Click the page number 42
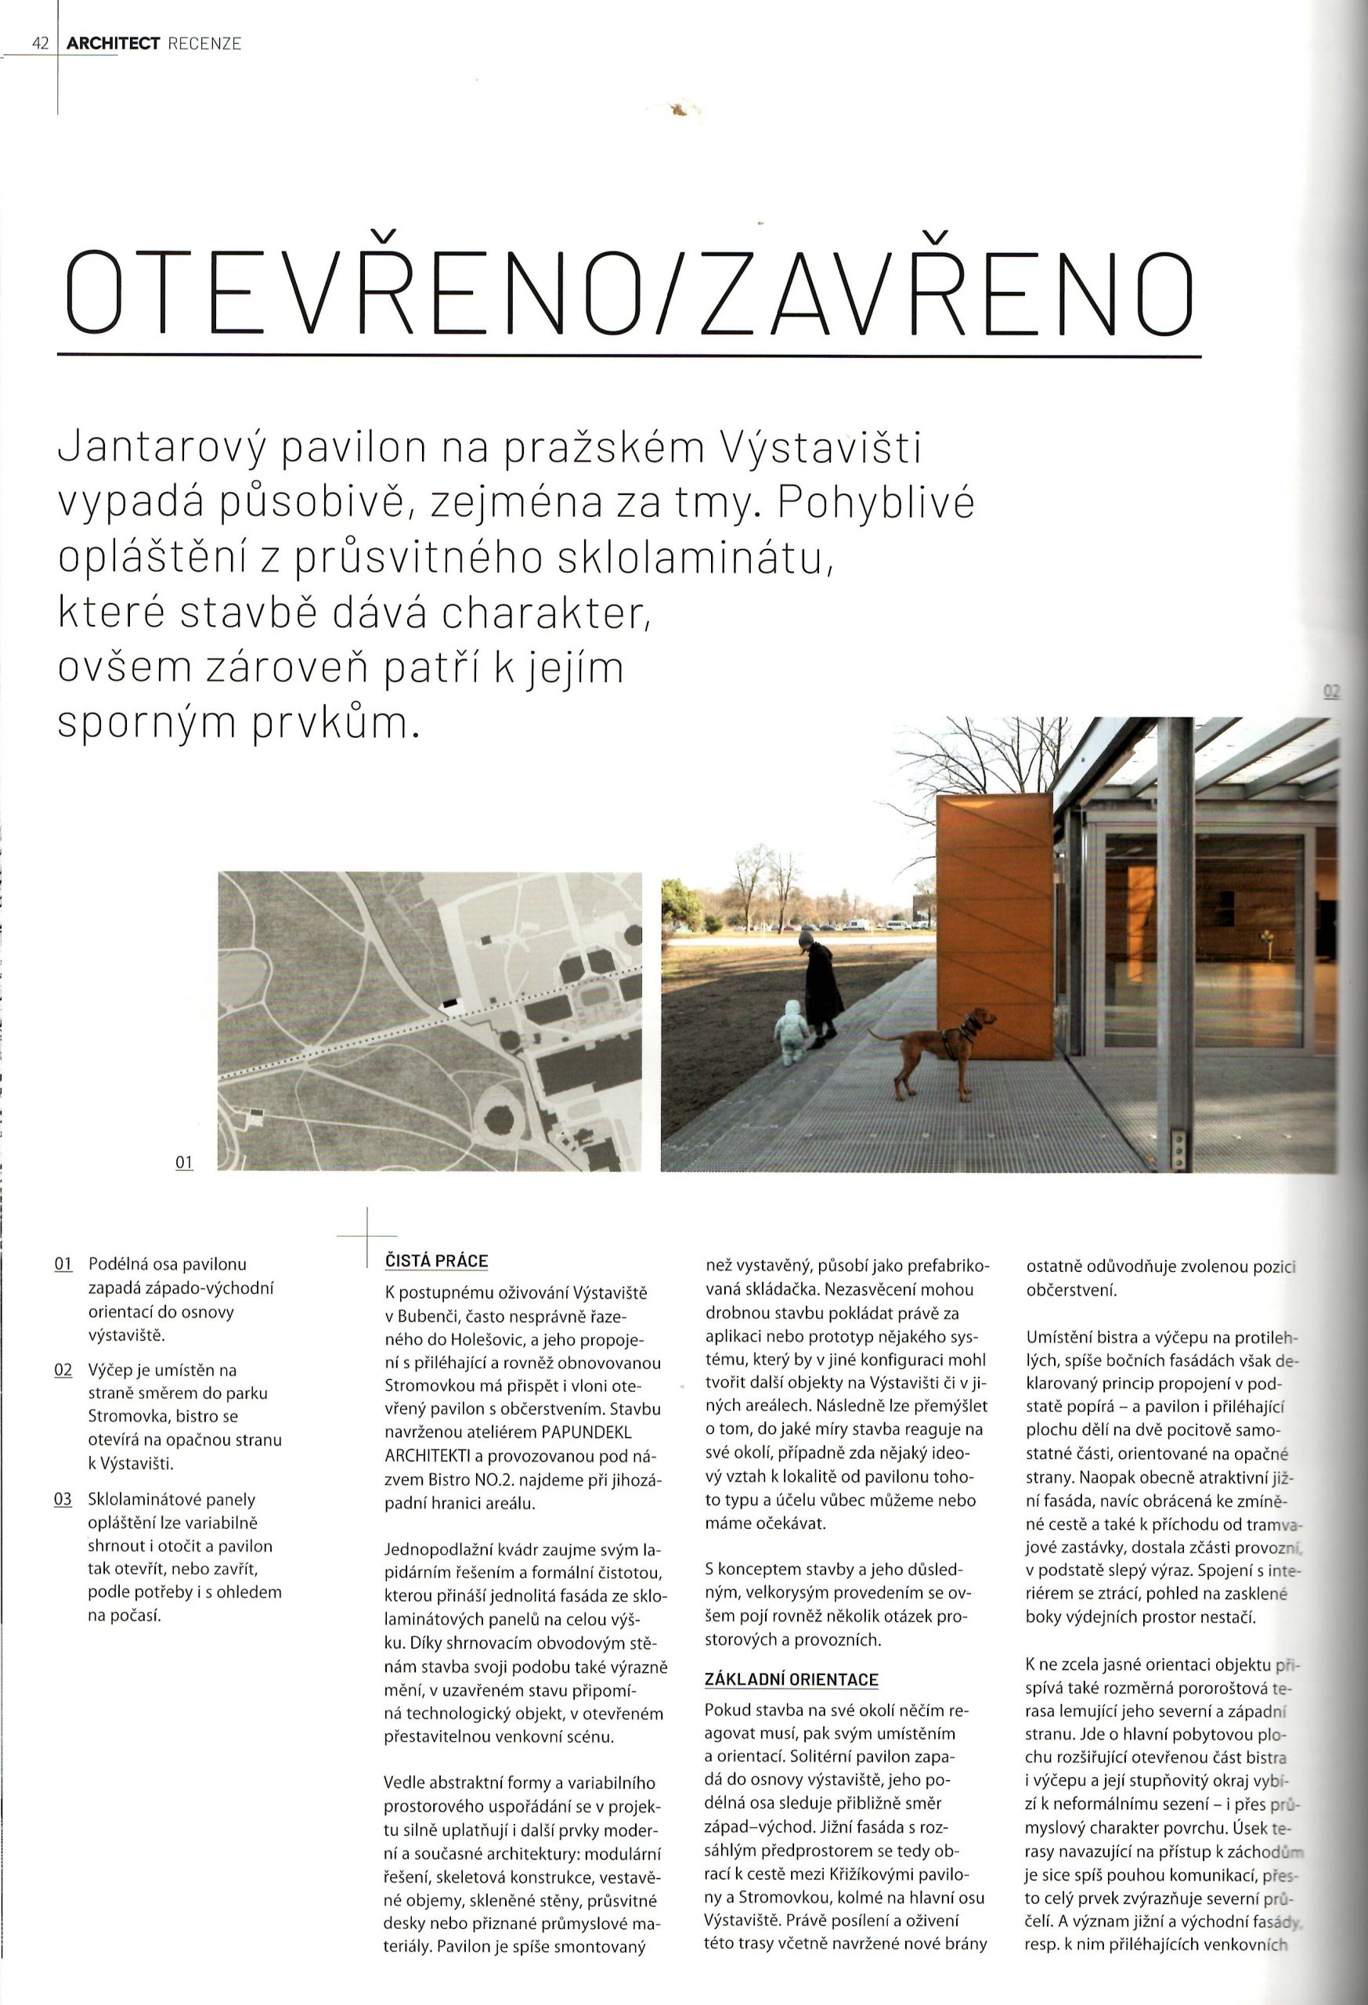point(40,43)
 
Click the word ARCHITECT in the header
point(113,43)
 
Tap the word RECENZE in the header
point(204,43)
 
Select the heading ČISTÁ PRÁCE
point(436,1260)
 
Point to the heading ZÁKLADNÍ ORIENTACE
point(791,1679)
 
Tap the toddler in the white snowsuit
point(791,1031)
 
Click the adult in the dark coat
point(821,984)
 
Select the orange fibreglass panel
point(994,923)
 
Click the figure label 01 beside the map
point(184,1162)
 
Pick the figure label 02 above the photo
point(1331,691)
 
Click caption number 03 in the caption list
point(63,1498)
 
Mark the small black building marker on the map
point(449,1002)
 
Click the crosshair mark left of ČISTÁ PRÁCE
point(367,1237)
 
